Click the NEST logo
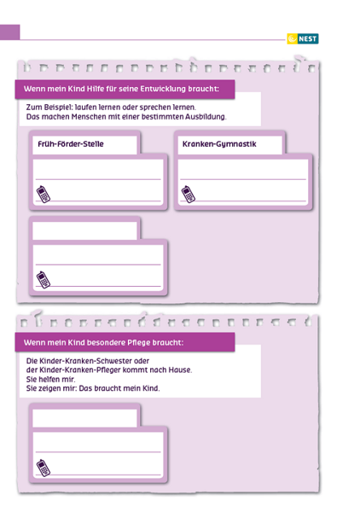(x=303, y=39)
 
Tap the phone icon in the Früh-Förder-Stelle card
(x=44, y=195)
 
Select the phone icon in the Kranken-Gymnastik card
(x=189, y=195)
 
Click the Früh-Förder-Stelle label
(x=71, y=144)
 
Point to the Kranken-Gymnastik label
(x=219, y=144)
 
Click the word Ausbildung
(x=206, y=117)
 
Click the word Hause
(x=180, y=370)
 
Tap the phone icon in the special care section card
(x=44, y=468)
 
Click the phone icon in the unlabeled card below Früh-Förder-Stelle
(x=44, y=280)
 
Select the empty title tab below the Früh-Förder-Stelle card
(x=84, y=230)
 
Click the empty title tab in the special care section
(x=84, y=417)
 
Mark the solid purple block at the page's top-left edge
(x=9, y=32)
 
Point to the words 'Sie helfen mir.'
(x=50, y=379)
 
